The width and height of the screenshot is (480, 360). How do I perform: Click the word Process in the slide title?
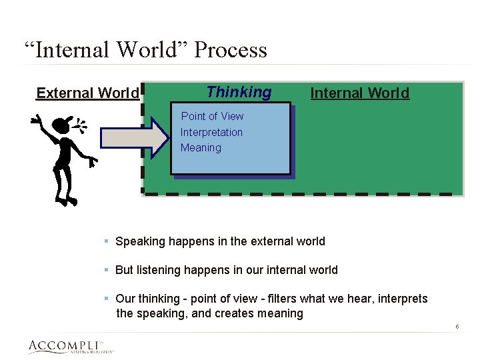[230, 51]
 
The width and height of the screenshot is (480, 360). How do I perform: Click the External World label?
[87, 93]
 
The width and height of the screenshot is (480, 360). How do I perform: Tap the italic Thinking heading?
[239, 92]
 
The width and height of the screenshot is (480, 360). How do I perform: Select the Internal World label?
[360, 93]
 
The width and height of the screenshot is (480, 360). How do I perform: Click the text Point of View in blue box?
[213, 116]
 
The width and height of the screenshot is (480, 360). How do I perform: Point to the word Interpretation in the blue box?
[211, 132]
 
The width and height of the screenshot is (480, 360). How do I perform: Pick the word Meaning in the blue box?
[201, 147]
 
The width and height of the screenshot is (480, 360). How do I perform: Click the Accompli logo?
[70, 347]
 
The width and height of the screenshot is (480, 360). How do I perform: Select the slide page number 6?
[457, 327]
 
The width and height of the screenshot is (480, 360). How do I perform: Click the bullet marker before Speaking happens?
[107, 241]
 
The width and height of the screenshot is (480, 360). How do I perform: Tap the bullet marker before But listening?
[107, 270]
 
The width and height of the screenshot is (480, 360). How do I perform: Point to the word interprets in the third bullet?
[403, 299]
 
